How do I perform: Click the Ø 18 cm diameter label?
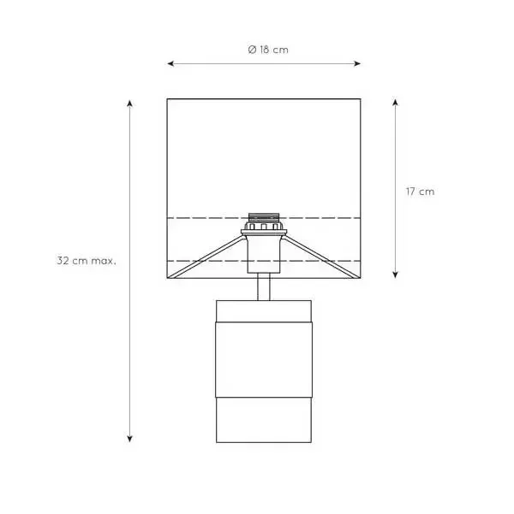pyautogui.click(x=268, y=50)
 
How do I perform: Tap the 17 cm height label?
pyautogui.click(x=420, y=192)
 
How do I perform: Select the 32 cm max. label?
pyautogui.click(x=87, y=261)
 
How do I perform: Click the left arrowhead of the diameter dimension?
pyautogui.click(x=170, y=63)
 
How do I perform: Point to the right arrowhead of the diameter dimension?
pyautogui.click(x=357, y=63)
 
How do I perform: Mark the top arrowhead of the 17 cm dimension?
pyautogui.click(x=396, y=103)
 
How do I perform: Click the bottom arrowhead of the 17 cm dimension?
pyautogui.click(x=396, y=275)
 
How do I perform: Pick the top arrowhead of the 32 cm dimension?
pyautogui.click(x=130, y=103)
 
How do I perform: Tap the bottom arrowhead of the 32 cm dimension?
pyautogui.click(x=130, y=439)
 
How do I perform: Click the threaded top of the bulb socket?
pyautogui.click(x=264, y=217)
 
